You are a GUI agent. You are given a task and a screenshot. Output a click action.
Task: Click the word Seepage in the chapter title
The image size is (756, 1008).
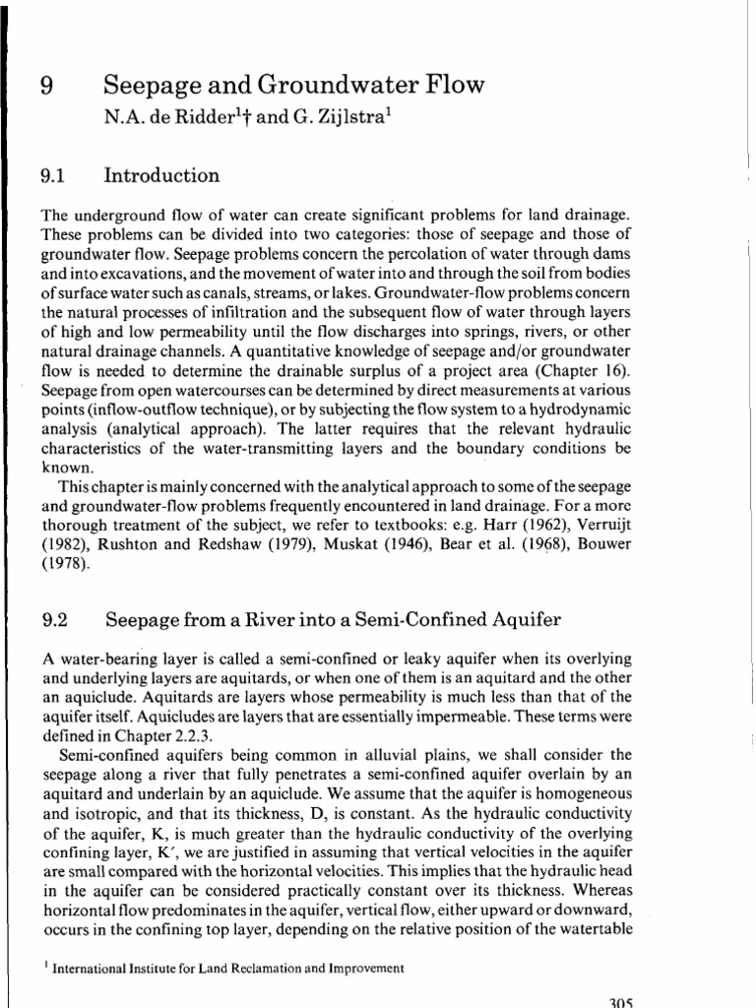coord(155,86)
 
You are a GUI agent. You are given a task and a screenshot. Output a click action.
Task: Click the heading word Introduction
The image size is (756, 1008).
coord(162,176)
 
